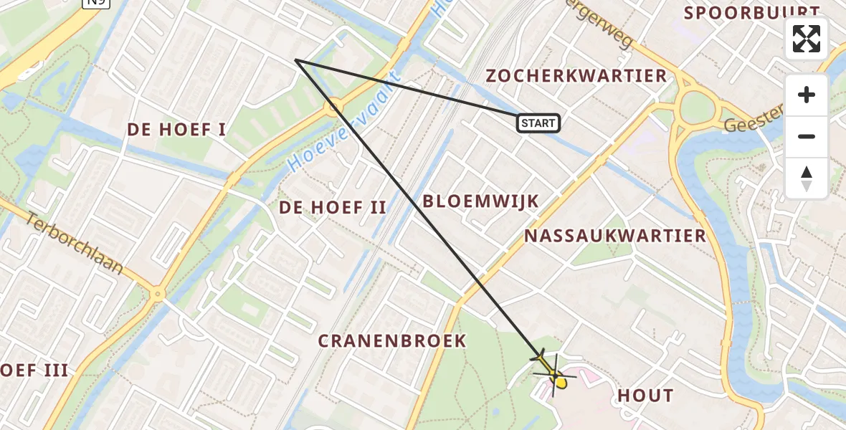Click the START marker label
coord(538,123)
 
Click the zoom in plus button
coord(807,95)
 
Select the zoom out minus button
coord(807,136)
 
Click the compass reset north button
coord(807,178)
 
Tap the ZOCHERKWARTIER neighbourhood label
coord(576,76)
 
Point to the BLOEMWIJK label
coord(480,201)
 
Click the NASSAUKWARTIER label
coord(615,236)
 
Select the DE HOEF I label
coord(176,130)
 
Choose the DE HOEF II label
coord(333,208)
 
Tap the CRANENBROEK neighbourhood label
coord(392,340)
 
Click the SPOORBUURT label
coord(751,13)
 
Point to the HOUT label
coord(645,395)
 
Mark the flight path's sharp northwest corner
coord(295,60)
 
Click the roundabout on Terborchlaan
coord(157,293)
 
